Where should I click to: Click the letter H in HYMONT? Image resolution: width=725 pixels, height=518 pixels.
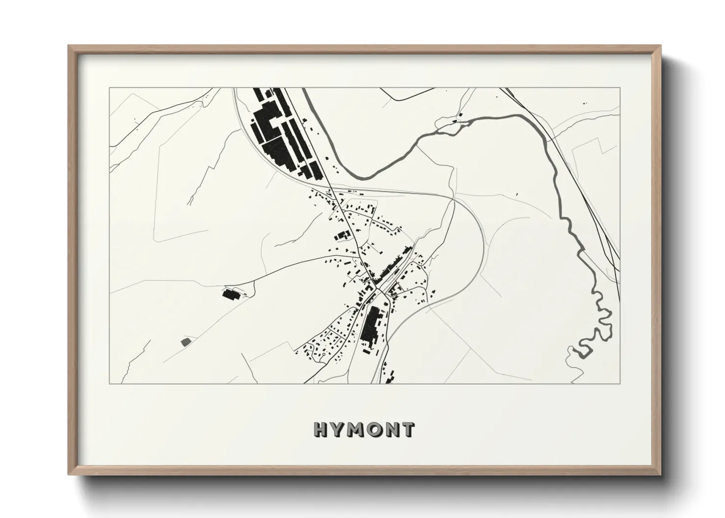pos(321,430)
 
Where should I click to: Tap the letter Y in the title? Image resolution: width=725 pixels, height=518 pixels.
pos(338,430)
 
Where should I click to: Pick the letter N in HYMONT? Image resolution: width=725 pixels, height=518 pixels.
pos(393,430)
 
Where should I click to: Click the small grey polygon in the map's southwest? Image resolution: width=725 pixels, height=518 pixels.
pos(186,341)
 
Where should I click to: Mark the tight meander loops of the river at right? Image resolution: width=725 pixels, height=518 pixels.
pos(595,338)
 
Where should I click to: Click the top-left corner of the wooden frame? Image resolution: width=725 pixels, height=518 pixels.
pos(69,46)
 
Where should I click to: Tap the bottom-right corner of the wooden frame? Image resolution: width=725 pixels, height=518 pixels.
pos(660,474)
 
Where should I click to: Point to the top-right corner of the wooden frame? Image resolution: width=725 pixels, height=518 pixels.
pos(660,46)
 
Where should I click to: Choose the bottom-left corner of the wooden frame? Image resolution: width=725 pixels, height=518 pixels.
pos(69,474)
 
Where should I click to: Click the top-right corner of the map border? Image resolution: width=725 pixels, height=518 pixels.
pos(620,88)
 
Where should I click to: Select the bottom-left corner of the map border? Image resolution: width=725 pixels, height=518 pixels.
pos(109,383)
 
